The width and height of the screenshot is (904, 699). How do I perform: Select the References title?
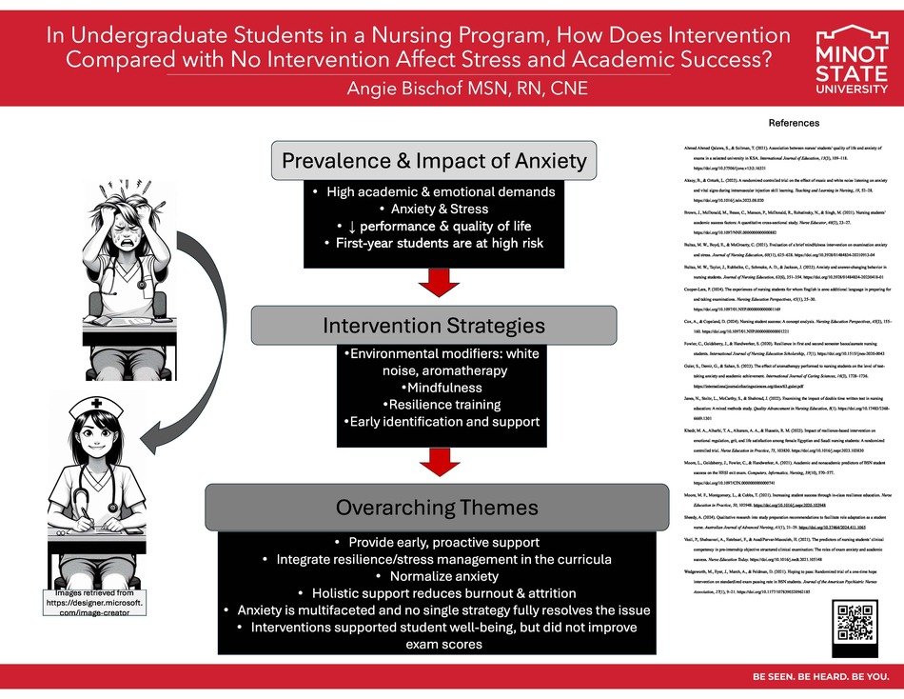pos(793,123)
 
